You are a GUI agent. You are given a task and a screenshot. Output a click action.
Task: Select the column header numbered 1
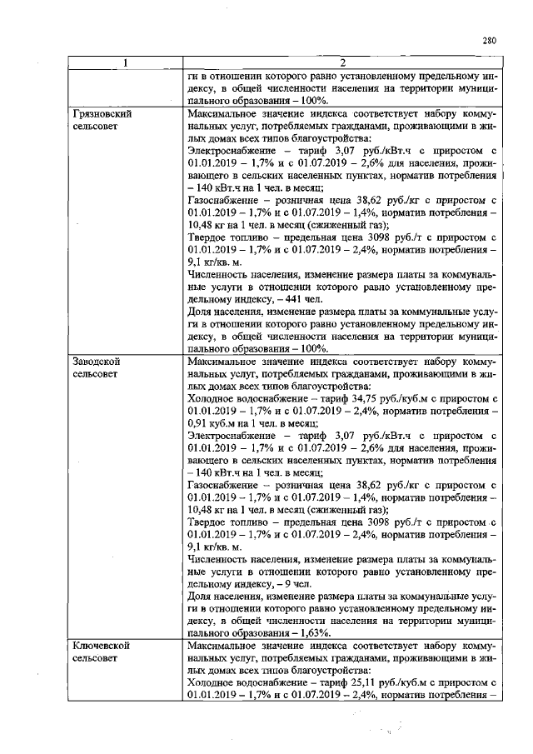[x=126, y=63]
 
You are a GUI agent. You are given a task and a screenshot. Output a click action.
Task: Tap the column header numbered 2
[x=342, y=63]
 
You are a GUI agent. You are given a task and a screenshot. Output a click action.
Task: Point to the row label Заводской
[x=98, y=363]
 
